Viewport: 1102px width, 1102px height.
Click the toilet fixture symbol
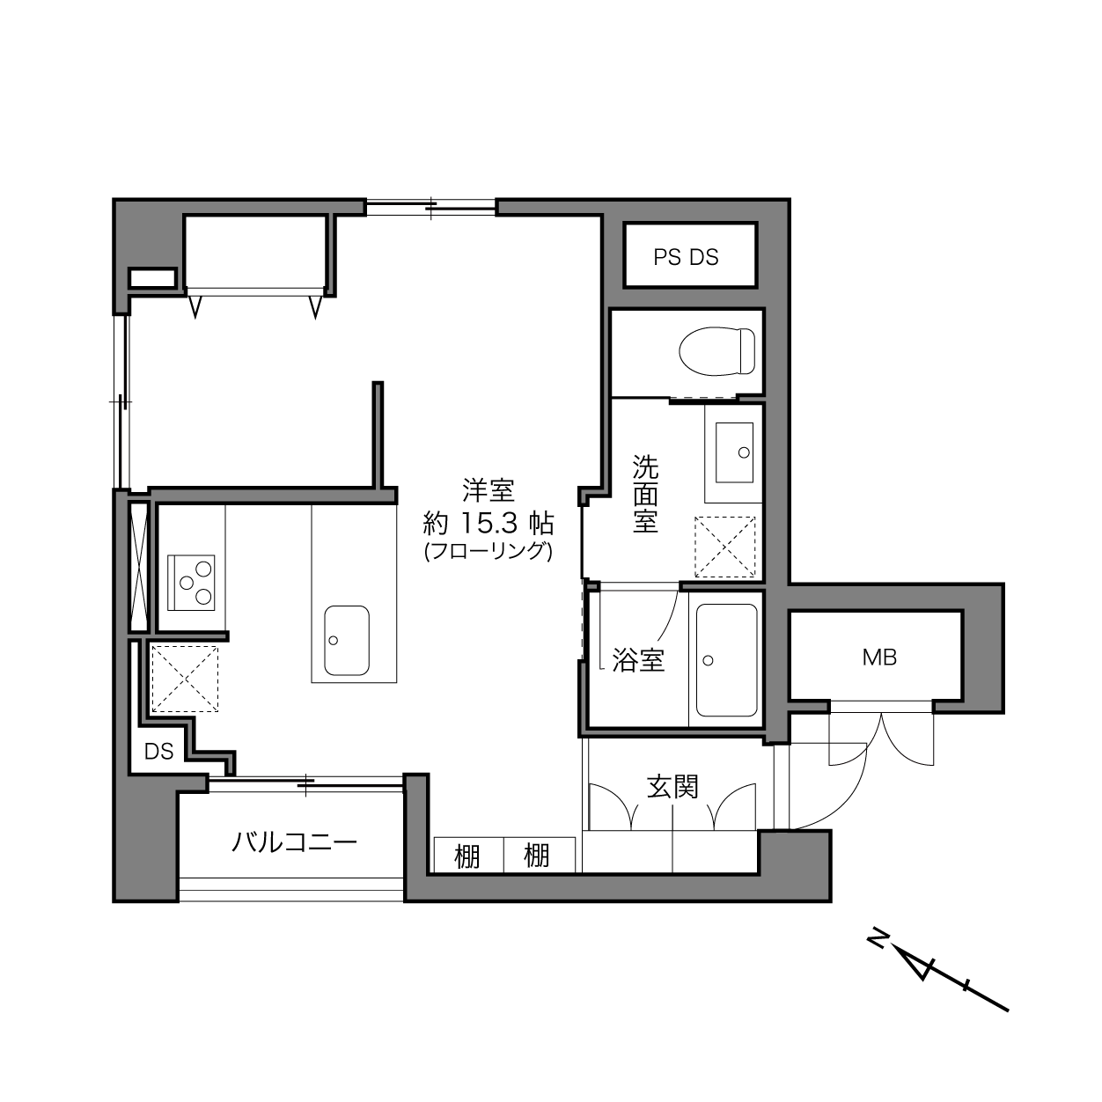716,351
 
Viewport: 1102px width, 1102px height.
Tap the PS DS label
686,257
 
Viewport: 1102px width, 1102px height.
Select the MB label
879,658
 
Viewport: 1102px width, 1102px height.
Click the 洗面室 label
645,494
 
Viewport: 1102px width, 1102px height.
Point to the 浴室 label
637,659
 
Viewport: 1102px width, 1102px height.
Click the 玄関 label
672,787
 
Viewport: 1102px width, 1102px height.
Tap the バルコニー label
294,841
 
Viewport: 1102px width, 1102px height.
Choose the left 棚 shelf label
467,856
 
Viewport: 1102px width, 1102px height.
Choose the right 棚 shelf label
536,856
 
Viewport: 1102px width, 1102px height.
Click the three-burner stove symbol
190,582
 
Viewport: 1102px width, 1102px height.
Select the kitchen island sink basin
347,641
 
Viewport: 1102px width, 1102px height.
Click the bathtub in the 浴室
726,660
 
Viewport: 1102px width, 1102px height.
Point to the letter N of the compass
878,939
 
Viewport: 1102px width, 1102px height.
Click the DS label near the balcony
159,751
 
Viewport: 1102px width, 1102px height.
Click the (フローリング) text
488,551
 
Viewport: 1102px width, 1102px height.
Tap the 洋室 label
489,490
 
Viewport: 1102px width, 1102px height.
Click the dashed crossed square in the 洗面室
724,547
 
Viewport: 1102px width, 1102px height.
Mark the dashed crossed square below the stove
184,679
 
